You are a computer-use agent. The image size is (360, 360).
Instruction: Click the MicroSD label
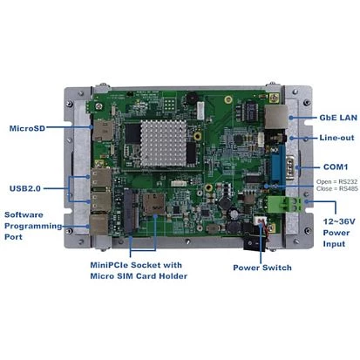click(27, 128)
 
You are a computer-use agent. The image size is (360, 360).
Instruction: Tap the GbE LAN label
click(338, 118)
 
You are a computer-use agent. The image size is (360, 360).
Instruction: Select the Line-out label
click(336, 138)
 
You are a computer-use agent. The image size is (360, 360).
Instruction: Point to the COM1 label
click(336, 167)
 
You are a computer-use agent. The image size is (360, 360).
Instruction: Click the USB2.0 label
click(25, 188)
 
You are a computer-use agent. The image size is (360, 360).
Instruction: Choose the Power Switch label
click(262, 268)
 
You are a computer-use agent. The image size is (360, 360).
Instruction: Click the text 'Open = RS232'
click(337, 182)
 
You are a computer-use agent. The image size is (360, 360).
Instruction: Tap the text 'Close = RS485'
click(337, 188)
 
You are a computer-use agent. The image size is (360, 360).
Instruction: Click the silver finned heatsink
click(164, 143)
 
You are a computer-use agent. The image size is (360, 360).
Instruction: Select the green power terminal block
click(286, 204)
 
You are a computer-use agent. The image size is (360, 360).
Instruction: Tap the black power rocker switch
click(255, 242)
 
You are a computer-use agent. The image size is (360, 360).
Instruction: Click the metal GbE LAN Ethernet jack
click(276, 117)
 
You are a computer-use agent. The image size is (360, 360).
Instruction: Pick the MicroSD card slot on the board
click(103, 131)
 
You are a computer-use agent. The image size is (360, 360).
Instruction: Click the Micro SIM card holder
click(153, 204)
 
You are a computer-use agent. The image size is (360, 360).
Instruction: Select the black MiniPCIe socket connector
click(131, 210)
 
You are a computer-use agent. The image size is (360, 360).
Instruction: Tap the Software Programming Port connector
click(98, 224)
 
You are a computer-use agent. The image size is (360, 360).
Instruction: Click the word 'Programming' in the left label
click(33, 226)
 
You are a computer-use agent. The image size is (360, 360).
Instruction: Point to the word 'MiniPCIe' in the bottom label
click(109, 265)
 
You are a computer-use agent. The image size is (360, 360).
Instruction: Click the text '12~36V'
click(339, 221)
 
